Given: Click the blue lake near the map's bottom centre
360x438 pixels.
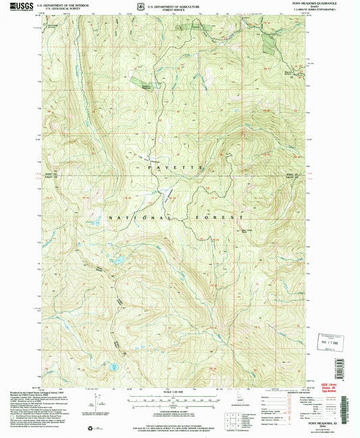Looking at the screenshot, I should click(116, 367).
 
